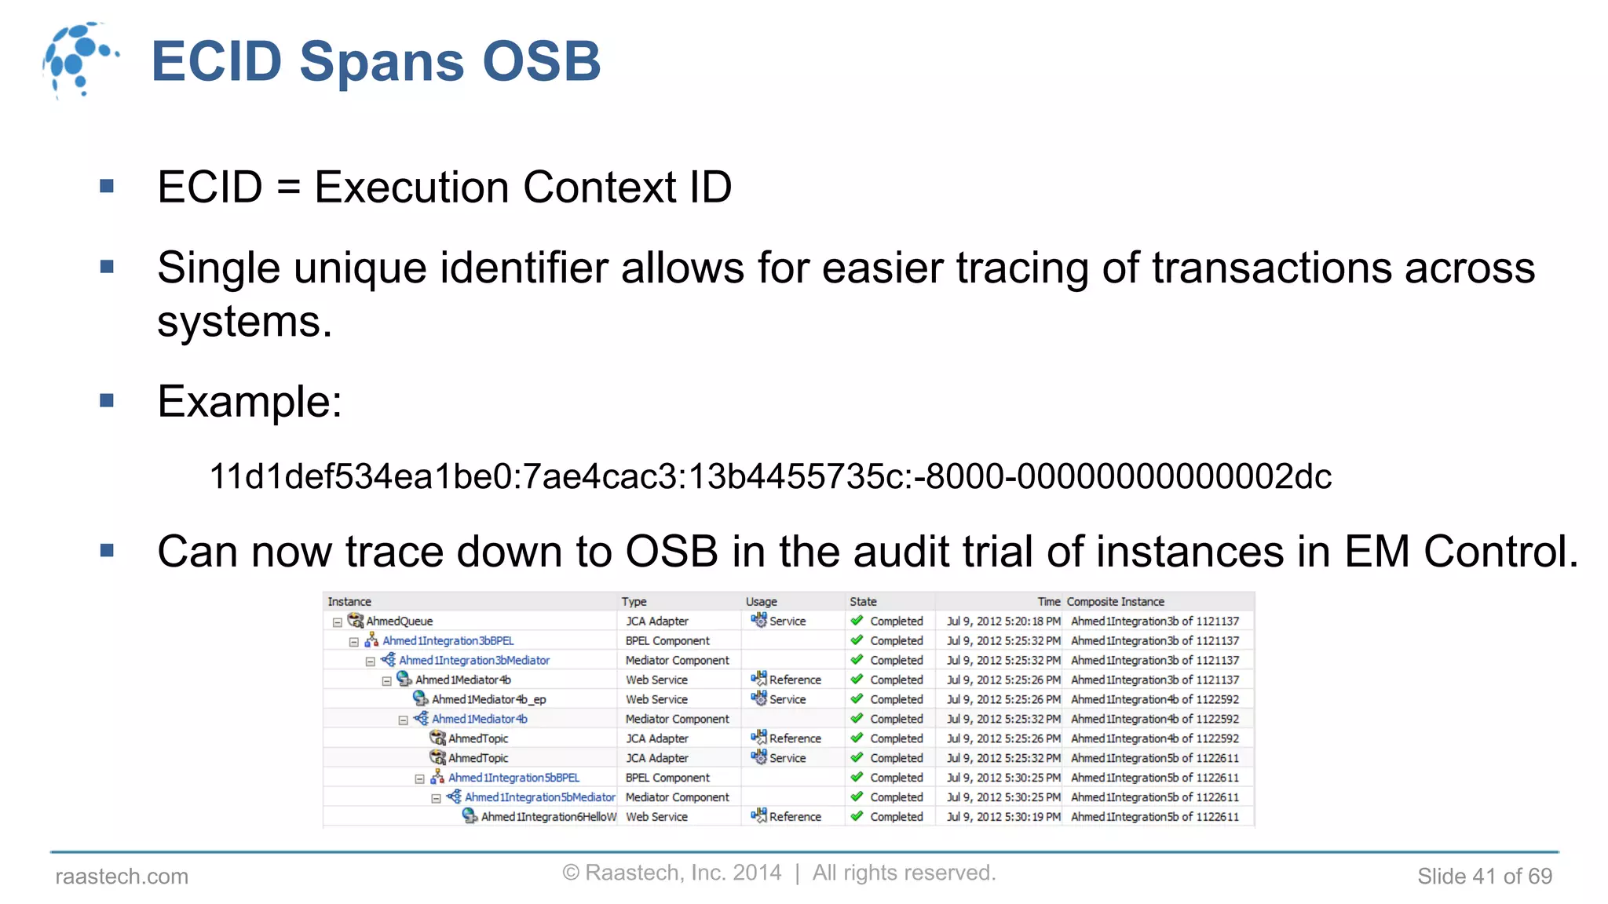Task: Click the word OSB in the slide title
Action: [541, 61]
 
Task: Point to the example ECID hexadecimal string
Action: [770, 476]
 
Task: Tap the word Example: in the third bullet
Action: [250, 402]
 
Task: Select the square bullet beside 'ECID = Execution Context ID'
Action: [108, 187]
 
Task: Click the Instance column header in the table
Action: [349, 602]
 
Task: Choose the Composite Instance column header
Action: [1115, 602]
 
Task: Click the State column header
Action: [863, 602]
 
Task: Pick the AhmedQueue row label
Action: [399, 621]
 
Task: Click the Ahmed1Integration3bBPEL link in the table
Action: [448, 641]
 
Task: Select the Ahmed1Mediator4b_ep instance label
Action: [488, 699]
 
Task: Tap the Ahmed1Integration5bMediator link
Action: [539, 797]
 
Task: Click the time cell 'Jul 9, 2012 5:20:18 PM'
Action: [1003, 621]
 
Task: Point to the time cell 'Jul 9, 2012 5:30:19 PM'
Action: [1003, 817]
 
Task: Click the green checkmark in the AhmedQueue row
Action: [857, 621]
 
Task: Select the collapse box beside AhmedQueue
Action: [338, 622]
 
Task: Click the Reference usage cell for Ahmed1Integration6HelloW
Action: [787, 817]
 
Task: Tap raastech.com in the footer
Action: [122, 877]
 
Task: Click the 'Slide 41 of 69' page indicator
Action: [1484, 877]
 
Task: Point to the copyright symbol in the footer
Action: [571, 873]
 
